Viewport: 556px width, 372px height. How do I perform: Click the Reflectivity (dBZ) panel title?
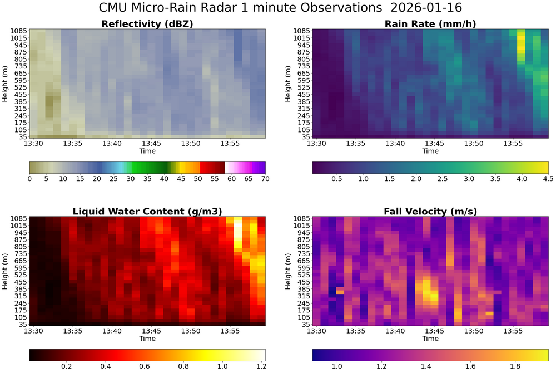click(147, 24)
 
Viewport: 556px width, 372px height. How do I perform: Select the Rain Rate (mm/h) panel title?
click(430, 24)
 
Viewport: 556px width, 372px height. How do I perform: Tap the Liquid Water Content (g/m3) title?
click(147, 211)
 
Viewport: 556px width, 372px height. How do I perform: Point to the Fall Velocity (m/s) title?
click(430, 211)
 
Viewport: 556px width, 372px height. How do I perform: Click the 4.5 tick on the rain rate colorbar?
click(548, 179)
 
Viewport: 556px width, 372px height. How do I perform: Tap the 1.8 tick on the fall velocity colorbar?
click(514, 366)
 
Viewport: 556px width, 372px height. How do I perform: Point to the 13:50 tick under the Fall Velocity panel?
click(474, 331)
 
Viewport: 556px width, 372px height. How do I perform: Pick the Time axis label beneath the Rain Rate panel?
click(430, 151)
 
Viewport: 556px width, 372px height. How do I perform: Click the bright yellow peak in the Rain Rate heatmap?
click(521, 41)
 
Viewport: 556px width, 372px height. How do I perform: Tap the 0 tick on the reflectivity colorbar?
click(29, 179)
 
